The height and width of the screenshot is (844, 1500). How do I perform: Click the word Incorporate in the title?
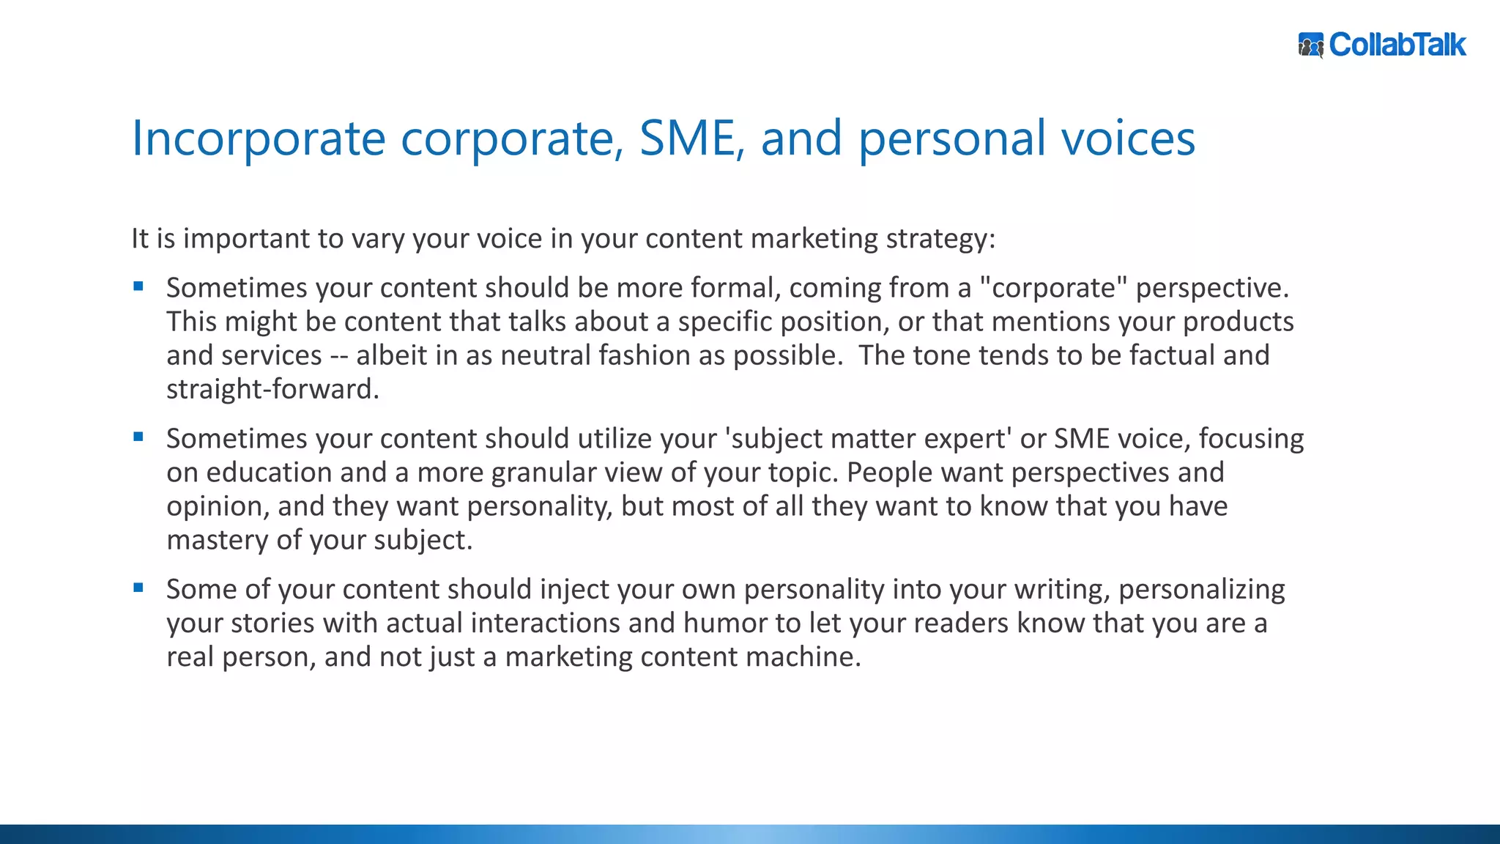[258, 138]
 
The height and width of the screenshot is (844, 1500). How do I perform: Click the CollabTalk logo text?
[1397, 45]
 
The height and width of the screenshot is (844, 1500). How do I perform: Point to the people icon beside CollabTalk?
[1311, 45]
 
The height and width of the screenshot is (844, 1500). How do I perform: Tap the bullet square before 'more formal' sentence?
[138, 286]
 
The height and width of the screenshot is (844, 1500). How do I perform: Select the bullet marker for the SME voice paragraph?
[138, 437]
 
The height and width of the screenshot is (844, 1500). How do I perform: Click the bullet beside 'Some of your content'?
[138, 588]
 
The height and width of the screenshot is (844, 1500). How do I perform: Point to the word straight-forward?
[272, 389]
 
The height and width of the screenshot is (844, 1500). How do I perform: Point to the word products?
[1238, 322]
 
